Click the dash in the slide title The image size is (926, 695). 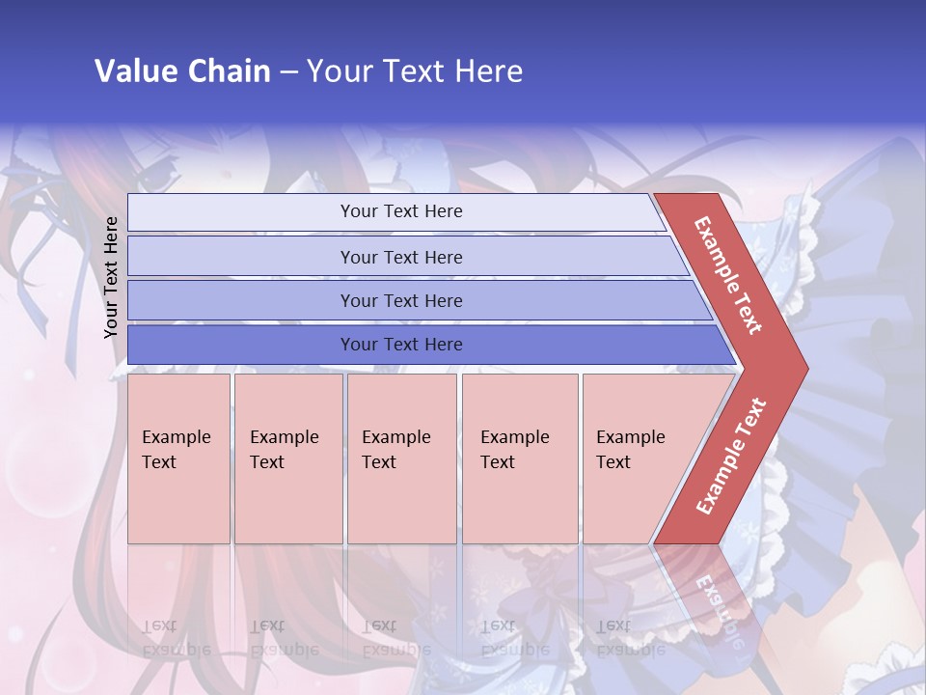click(x=288, y=72)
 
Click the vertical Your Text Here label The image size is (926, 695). click(x=111, y=277)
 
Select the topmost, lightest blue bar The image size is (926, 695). click(x=395, y=211)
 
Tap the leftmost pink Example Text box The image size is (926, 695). click(x=178, y=459)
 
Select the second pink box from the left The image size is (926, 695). click(x=288, y=459)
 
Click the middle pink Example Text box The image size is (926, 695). click(x=401, y=459)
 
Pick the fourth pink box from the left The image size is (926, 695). click(x=520, y=459)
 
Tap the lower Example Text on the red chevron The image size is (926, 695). click(x=731, y=456)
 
